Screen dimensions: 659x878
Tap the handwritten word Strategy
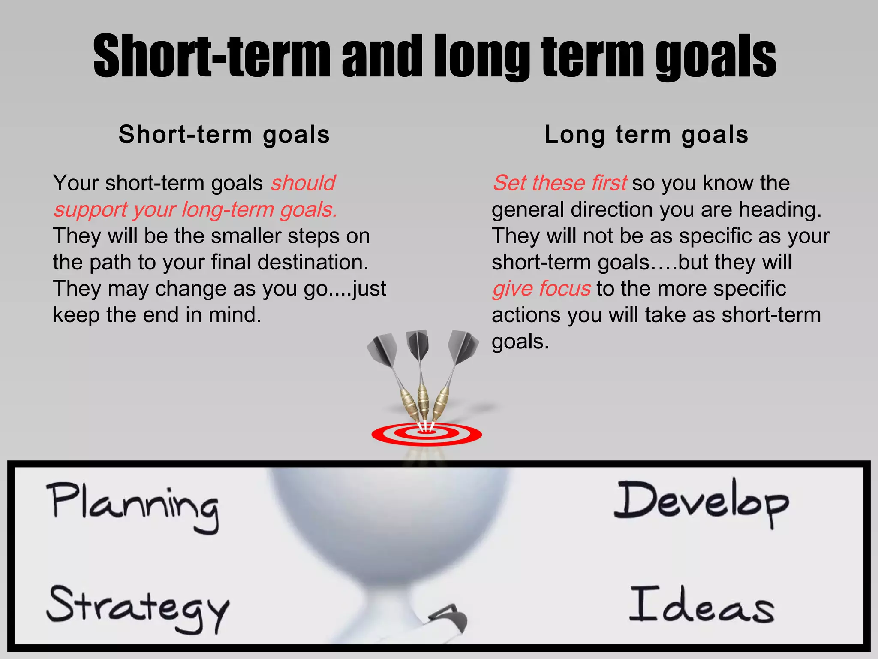pyautogui.click(x=138, y=607)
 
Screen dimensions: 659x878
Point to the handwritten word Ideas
pyautogui.click(x=702, y=605)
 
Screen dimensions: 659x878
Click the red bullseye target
pyautogui.click(x=427, y=435)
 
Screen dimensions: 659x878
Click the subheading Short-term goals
pyautogui.click(x=224, y=135)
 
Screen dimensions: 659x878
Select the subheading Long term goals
pyautogui.click(x=646, y=135)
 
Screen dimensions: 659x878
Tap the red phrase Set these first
pyautogui.click(x=560, y=183)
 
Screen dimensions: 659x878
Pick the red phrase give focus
pyautogui.click(x=541, y=289)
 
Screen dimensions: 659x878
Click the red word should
pyautogui.click(x=303, y=183)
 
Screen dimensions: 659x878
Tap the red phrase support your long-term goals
pyautogui.click(x=195, y=210)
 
